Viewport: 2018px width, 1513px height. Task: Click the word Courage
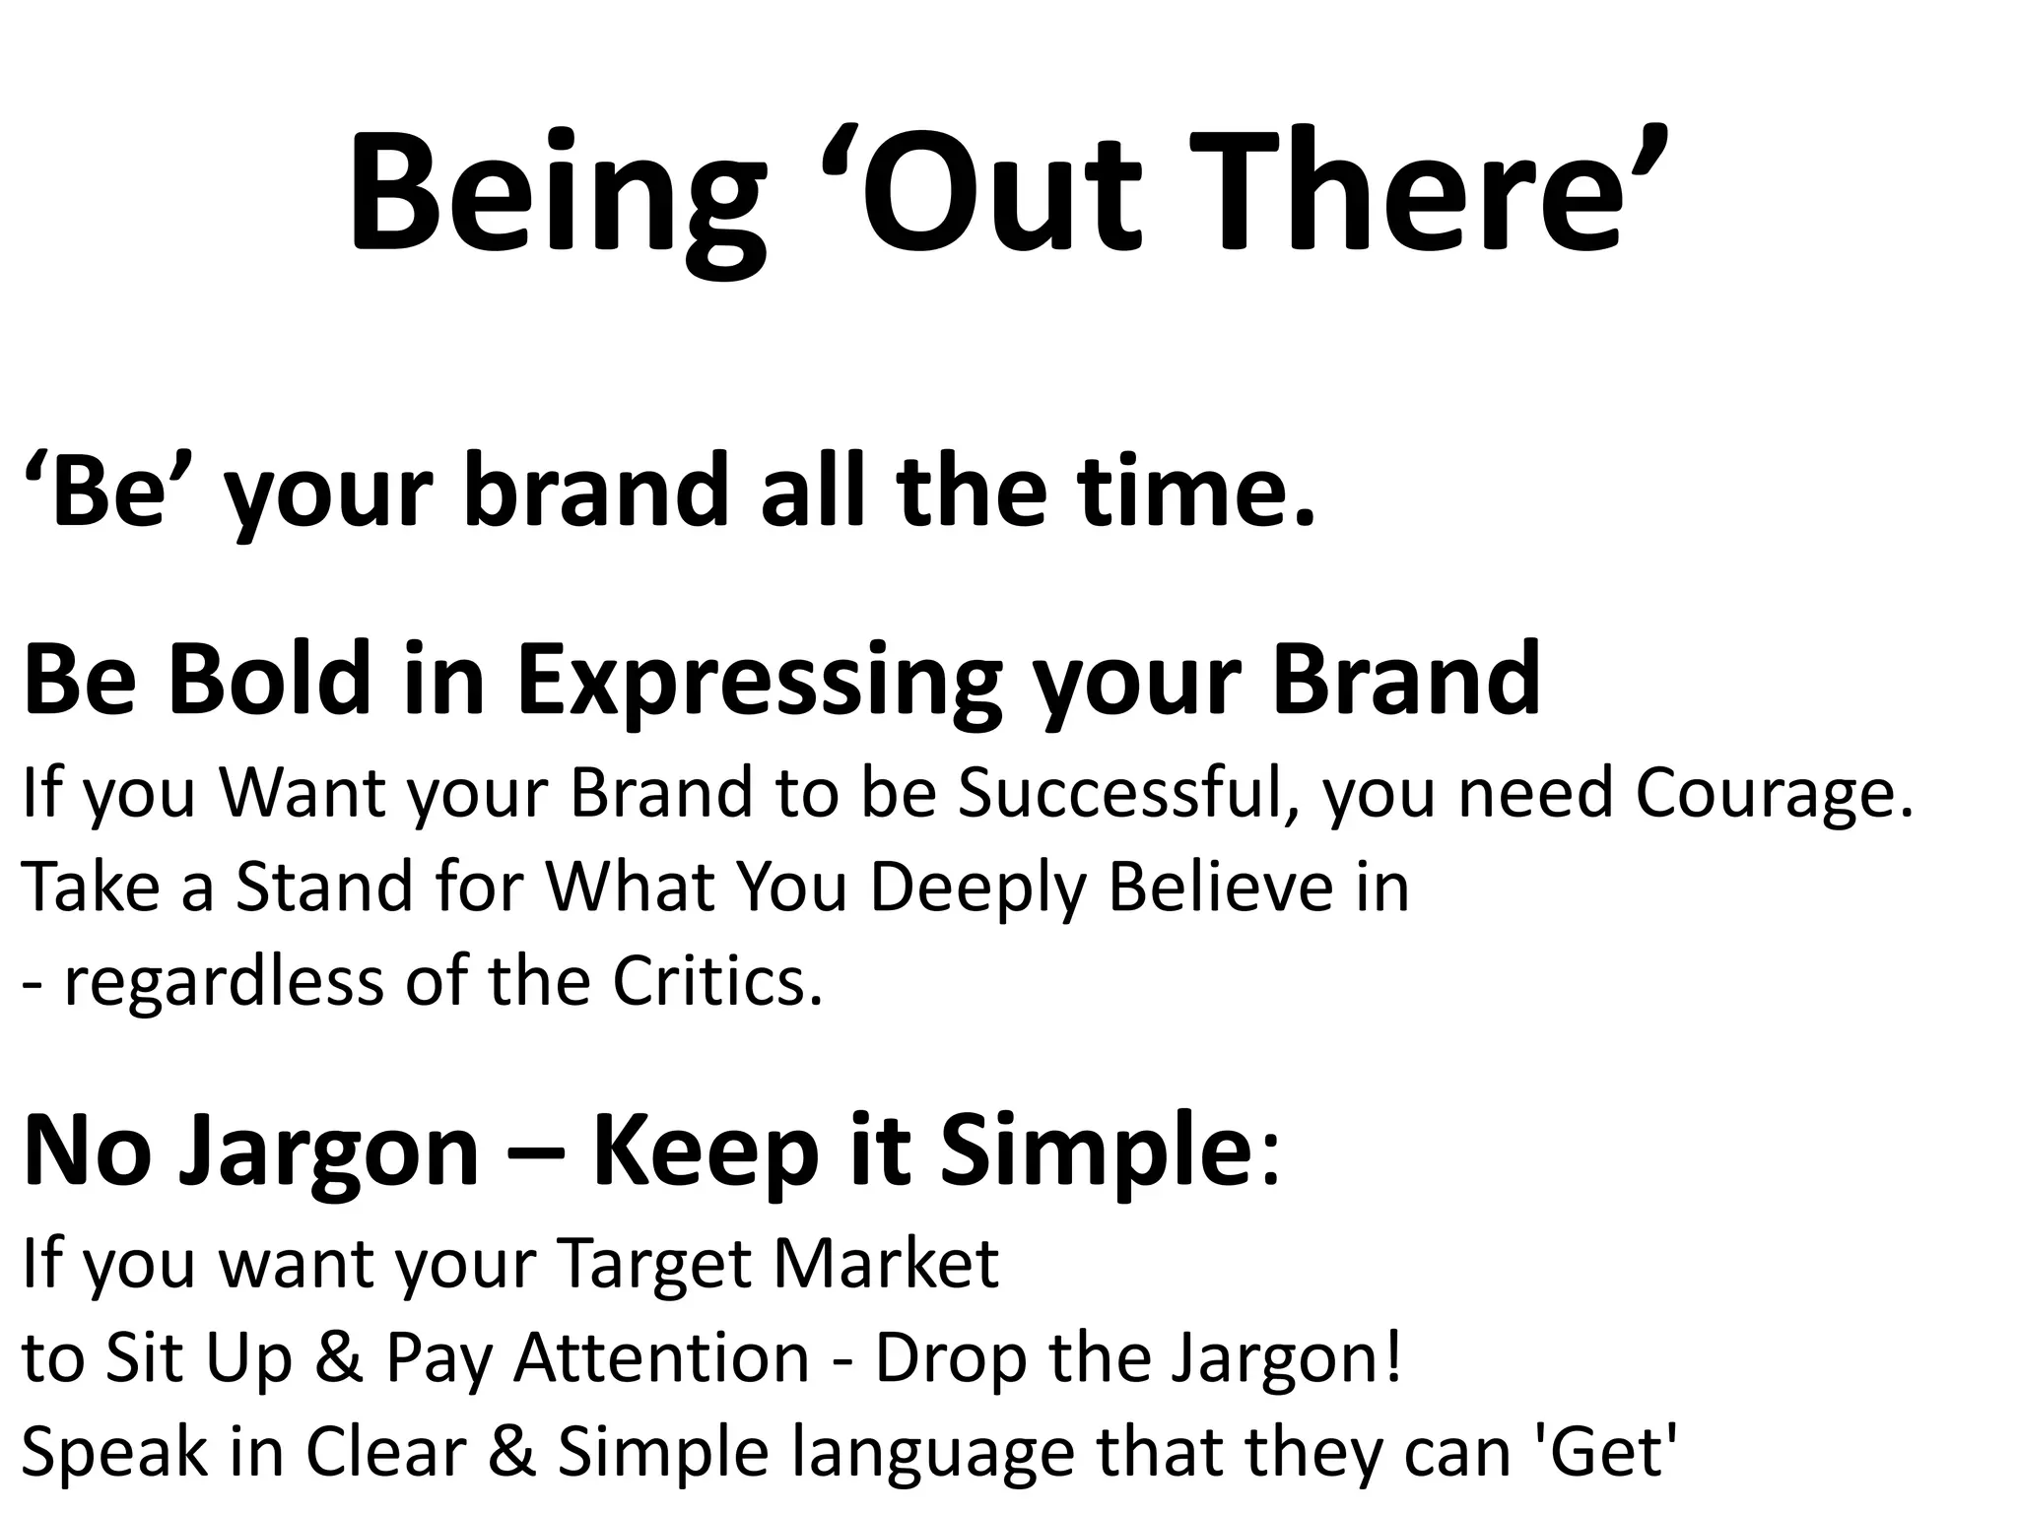click(x=1774, y=794)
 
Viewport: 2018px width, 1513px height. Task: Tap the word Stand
click(x=324, y=887)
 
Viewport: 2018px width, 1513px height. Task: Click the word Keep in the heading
click(x=706, y=1152)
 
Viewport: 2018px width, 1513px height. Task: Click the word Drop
click(x=946, y=1358)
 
